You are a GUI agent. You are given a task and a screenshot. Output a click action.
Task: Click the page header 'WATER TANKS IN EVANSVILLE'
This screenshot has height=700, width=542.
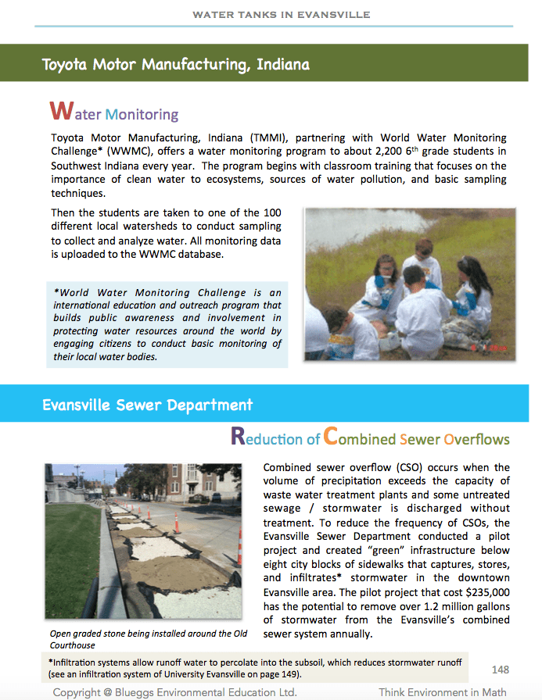click(281, 15)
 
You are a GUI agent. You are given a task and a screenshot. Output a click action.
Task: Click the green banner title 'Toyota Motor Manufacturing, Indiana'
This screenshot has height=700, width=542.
click(175, 64)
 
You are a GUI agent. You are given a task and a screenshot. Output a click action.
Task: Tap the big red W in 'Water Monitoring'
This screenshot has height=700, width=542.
click(61, 111)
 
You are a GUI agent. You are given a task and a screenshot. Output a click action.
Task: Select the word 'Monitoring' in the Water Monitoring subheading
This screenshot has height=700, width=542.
click(142, 115)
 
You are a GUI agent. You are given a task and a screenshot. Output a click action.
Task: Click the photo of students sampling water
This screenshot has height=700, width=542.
click(409, 284)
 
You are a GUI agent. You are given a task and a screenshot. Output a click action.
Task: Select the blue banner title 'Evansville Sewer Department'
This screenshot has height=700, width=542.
click(147, 405)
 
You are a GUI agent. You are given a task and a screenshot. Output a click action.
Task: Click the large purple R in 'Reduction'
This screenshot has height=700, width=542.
click(239, 436)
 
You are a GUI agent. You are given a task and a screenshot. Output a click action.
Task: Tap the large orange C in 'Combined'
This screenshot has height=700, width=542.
click(331, 436)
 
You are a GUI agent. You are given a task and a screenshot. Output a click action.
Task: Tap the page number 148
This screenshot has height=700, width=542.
click(501, 670)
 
